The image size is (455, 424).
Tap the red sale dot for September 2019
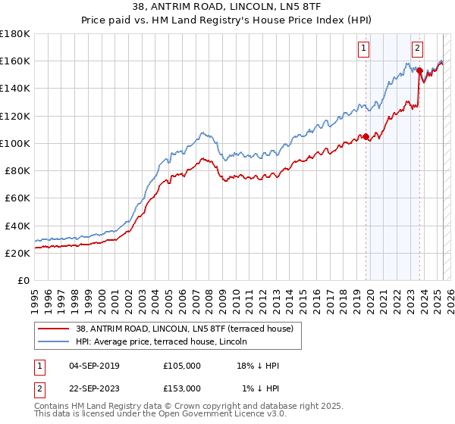click(x=366, y=136)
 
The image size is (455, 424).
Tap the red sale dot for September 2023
click(x=419, y=70)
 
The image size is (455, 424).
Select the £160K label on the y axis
click(x=15, y=61)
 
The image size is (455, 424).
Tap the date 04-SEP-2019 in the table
click(x=94, y=366)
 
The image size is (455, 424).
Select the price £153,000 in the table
click(x=182, y=388)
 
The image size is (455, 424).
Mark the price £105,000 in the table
click(x=182, y=366)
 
